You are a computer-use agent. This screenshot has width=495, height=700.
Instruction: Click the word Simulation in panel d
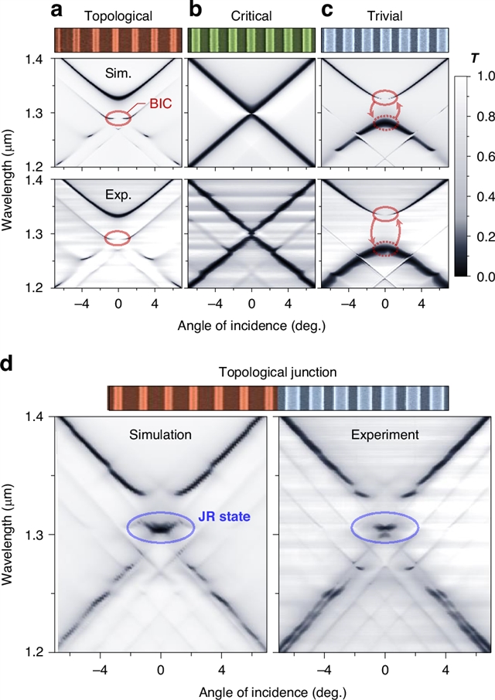[x=160, y=435]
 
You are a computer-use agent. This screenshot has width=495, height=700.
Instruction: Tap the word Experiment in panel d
[x=384, y=435]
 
